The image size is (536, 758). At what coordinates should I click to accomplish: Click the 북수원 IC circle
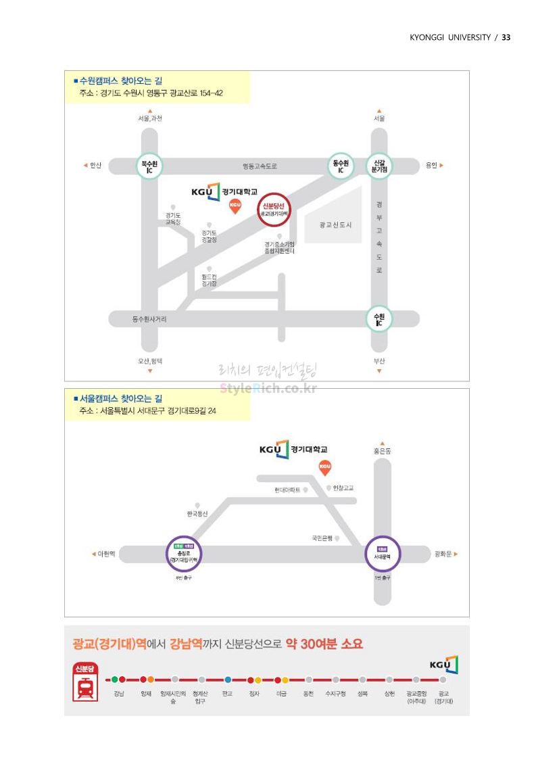click(x=149, y=166)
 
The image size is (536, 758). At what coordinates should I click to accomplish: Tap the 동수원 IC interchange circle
click(x=341, y=166)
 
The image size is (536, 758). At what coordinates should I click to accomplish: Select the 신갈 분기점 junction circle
click(x=379, y=166)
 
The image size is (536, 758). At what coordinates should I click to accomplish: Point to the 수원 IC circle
click(x=379, y=318)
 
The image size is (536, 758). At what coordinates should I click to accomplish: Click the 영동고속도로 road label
click(x=260, y=166)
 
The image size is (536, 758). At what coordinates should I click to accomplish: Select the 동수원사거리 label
click(x=149, y=318)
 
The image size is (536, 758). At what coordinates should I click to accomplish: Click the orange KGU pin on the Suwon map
click(x=235, y=206)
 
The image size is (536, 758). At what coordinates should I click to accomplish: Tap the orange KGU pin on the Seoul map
click(x=325, y=467)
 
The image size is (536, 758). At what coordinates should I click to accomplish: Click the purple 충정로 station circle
click(x=183, y=554)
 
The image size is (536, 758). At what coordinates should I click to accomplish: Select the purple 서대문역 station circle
click(x=383, y=554)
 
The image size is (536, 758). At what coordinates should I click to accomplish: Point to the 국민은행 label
click(x=322, y=538)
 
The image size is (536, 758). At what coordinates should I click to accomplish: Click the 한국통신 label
click(x=197, y=514)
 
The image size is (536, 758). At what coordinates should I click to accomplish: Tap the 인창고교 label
click(x=343, y=488)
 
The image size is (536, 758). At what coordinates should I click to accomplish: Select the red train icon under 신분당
click(x=86, y=688)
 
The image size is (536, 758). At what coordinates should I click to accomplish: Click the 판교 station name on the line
click(x=227, y=693)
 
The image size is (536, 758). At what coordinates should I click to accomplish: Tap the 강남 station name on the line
click(x=119, y=693)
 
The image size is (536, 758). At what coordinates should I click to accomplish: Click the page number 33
click(x=506, y=37)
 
